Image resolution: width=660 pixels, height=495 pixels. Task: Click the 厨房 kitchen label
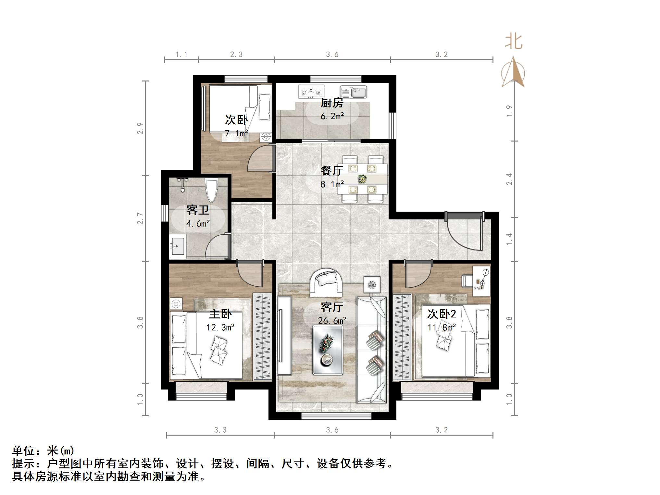[332, 103]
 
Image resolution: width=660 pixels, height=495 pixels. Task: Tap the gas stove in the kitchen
[311, 92]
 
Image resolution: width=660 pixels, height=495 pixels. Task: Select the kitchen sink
[354, 92]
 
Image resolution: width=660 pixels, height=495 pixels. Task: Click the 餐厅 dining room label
[332, 170]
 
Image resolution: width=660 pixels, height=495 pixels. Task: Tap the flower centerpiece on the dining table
[362, 179]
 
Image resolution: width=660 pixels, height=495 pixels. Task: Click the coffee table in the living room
[328, 350]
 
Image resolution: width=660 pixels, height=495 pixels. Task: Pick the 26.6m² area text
[332, 321]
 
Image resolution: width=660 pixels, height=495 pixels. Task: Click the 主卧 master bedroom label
[220, 314]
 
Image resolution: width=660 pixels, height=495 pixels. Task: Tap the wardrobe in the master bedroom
[262, 336]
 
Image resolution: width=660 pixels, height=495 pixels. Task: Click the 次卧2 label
[442, 314]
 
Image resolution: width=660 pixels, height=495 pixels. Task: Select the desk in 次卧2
[481, 281]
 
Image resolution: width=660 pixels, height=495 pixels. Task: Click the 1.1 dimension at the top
[181, 55]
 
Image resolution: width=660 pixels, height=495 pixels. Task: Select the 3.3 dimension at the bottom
[220, 430]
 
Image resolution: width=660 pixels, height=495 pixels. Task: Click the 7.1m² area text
[236, 133]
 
